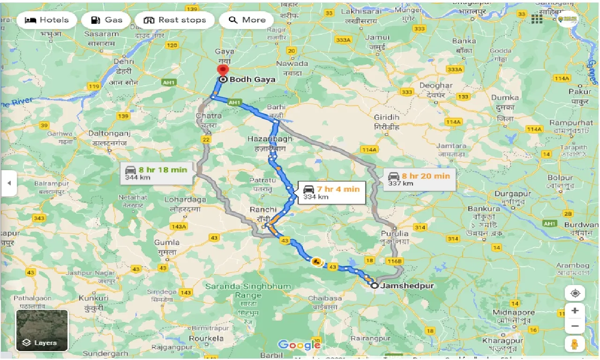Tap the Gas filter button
[106, 20]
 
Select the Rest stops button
[174, 20]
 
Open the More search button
[247, 20]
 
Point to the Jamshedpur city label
[407, 285]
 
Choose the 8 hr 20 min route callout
[419, 179]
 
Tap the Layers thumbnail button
[42, 330]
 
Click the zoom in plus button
[575, 310]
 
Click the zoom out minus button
[575, 326]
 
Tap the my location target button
[575, 294]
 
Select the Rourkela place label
[206, 338]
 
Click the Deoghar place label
[436, 85]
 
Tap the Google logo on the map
[299, 345]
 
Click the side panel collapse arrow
[8, 183]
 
